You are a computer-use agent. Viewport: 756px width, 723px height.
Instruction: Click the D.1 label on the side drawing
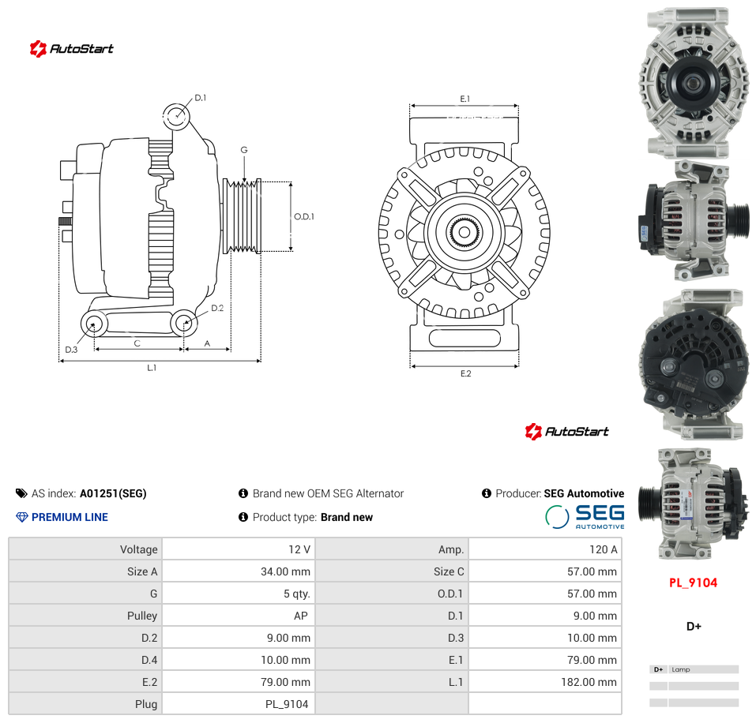(200, 98)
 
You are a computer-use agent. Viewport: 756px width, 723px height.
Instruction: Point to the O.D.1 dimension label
(304, 217)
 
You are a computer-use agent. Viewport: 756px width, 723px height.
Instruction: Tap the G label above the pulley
(244, 150)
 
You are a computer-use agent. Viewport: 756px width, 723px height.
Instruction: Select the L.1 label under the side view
(152, 368)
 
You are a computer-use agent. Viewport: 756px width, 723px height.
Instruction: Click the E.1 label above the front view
(465, 99)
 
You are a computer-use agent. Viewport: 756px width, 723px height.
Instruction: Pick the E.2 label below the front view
(466, 373)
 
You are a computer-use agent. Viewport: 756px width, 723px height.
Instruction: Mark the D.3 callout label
(71, 349)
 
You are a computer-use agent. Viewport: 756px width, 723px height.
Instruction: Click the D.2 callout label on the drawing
(217, 308)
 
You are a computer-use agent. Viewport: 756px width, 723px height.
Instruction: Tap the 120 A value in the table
(604, 549)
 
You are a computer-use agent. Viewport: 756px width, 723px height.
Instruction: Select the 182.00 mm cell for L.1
(589, 682)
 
